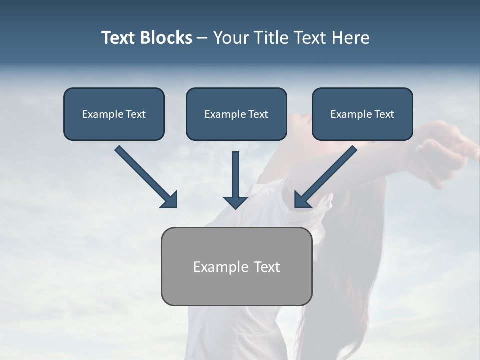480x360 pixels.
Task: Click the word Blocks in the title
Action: click(x=165, y=38)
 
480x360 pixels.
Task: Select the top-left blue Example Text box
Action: click(x=114, y=114)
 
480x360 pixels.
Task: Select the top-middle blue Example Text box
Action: click(x=236, y=114)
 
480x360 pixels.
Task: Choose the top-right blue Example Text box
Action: click(x=362, y=114)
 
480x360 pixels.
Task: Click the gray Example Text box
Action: click(x=236, y=266)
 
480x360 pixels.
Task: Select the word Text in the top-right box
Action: click(x=384, y=114)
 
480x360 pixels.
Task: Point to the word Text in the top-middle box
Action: click(x=258, y=114)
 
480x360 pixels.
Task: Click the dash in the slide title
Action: click(x=202, y=38)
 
